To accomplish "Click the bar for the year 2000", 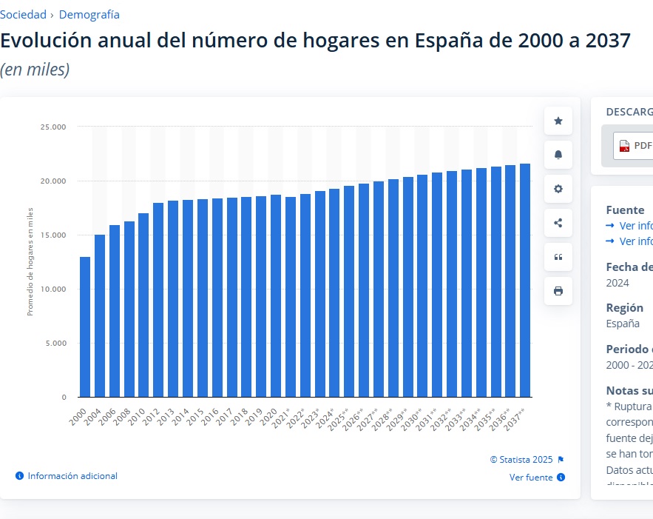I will click(x=85, y=327).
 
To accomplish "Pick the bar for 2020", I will click(x=276, y=295).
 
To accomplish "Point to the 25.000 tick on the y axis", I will click(x=53, y=127).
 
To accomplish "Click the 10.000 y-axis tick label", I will click(x=53, y=289).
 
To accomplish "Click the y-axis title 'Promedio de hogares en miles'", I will click(x=30, y=262).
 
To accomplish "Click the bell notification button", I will click(x=558, y=155).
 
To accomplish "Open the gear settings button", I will click(x=558, y=189).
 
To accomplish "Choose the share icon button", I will click(x=558, y=223).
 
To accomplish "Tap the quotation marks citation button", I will click(x=558, y=257).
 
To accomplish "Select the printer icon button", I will click(x=558, y=291).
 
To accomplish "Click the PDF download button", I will click(x=635, y=145).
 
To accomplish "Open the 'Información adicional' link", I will click(x=72, y=476).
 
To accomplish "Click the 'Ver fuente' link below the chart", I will click(x=531, y=478).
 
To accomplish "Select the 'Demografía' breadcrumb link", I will click(x=89, y=14).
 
